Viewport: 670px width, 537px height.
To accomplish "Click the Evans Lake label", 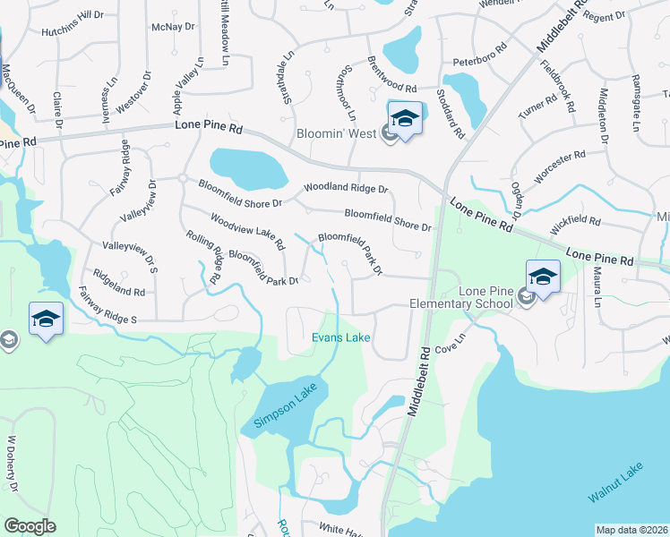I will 340,337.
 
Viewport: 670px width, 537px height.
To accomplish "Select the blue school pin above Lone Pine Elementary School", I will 543,277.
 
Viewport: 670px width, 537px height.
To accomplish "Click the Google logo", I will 30,525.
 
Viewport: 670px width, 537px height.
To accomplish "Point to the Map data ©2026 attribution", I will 631,530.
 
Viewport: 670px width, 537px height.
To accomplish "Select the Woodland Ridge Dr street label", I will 346,189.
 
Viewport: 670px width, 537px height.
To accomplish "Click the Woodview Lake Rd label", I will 247,231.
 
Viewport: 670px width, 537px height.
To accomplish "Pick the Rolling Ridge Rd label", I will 204,258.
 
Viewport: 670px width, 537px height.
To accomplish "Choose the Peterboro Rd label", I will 486,64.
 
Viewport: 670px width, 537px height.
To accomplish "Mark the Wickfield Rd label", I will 577,219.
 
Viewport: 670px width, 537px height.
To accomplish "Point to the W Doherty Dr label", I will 13,464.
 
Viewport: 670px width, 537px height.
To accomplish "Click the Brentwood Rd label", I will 392,76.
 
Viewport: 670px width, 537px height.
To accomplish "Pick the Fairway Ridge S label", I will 107,306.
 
